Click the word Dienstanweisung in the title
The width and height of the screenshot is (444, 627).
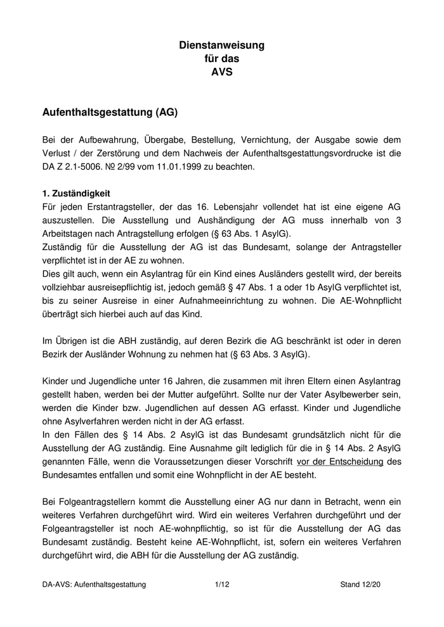tap(221, 46)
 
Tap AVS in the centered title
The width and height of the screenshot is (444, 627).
tap(221, 72)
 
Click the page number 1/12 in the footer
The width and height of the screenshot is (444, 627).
tap(221, 585)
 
